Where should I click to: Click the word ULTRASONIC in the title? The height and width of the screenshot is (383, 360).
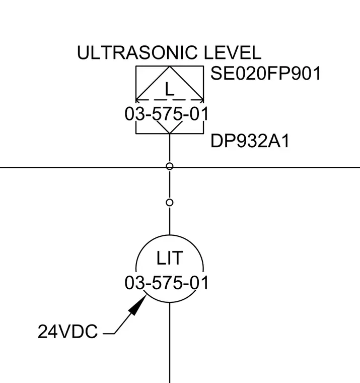[x=137, y=52]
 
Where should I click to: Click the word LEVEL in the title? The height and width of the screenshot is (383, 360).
[x=232, y=52]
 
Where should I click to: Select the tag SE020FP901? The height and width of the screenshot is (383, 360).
[x=265, y=73]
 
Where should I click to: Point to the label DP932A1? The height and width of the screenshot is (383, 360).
[x=250, y=141]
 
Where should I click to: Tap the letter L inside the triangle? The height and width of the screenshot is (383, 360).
[x=169, y=89]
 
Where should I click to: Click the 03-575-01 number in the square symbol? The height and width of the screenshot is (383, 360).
[x=167, y=114]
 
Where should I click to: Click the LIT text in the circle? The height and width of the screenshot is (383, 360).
[x=169, y=258]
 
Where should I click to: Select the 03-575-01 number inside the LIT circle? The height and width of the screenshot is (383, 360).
[x=167, y=283]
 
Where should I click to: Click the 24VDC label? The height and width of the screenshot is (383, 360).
[x=67, y=332]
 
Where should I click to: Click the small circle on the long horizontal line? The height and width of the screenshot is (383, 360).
[x=170, y=166]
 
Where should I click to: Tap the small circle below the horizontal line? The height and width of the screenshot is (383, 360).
[x=170, y=203]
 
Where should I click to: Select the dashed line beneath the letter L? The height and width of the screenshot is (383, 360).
[x=170, y=100]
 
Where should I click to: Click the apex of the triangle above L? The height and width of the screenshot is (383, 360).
[x=170, y=66]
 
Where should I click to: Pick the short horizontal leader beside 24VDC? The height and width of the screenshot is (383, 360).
[x=109, y=334]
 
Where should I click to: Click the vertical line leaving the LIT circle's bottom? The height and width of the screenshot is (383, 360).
[x=170, y=343]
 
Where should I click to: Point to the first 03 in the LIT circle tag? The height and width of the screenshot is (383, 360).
[x=133, y=283]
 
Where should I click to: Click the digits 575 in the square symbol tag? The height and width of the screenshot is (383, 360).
[x=167, y=114]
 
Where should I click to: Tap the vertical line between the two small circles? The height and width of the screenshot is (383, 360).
[x=170, y=184]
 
